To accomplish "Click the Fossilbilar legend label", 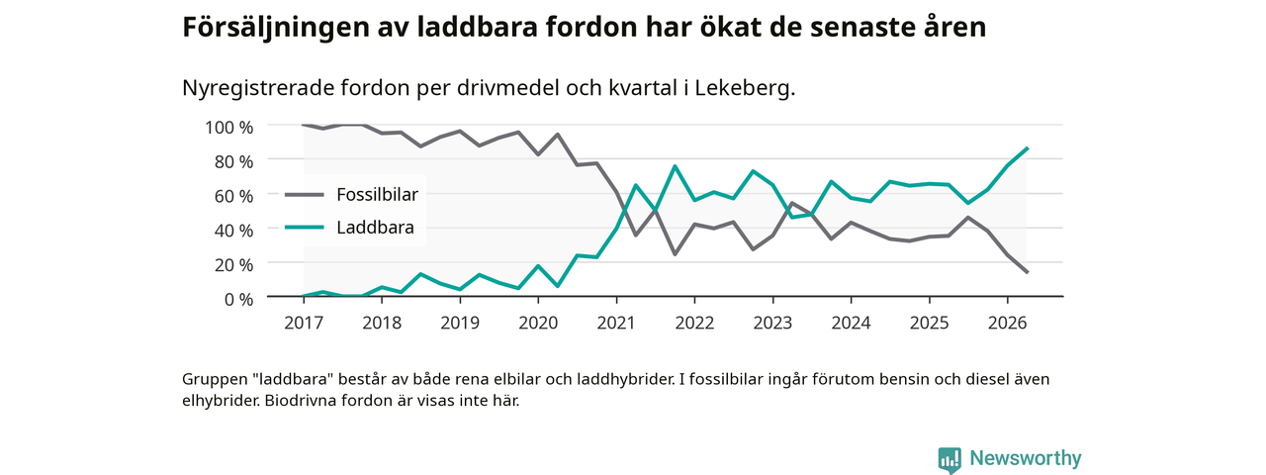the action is click(377, 195).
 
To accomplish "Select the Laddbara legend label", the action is click(375, 228).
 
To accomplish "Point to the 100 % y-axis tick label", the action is click(228, 128).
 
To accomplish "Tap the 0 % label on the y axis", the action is click(238, 299).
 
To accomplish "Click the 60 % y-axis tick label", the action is click(234, 196).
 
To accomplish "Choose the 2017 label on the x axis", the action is click(304, 323).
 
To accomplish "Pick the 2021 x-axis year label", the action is click(616, 323).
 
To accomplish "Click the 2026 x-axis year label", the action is click(1007, 323).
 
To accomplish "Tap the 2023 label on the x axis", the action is click(772, 323).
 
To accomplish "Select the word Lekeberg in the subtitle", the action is click(742, 88).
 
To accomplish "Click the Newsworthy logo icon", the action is click(949, 459).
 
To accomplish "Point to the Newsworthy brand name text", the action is click(1026, 458).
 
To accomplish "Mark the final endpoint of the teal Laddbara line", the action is click(1027, 148).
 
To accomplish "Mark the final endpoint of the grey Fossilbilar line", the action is click(1027, 272).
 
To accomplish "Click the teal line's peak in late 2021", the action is click(675, 165).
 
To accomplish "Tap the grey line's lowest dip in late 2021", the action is click(675, 254).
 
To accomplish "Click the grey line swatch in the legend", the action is click(304, 195).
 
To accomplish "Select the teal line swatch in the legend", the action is click(304, 228).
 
